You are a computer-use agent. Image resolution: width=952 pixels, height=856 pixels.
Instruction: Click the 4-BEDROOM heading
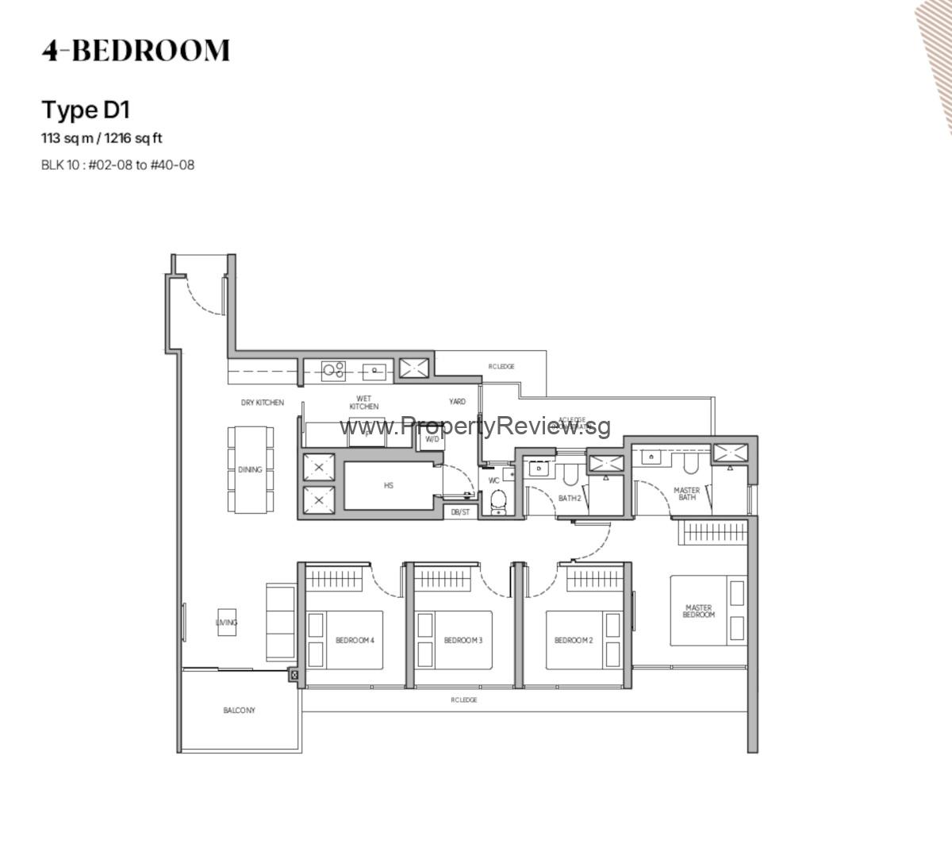(x=136, y=50)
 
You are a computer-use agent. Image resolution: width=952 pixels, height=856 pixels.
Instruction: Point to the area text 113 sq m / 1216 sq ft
(x=102, y=138)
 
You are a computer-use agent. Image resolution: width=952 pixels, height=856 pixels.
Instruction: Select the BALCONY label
(x=239, y=711)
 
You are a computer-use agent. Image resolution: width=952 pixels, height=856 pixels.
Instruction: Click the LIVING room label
(x=227, y=623)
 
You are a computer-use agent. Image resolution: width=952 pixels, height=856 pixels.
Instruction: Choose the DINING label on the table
(x=250, y=469)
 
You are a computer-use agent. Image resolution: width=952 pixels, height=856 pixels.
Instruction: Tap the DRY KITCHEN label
(x=263, y=403)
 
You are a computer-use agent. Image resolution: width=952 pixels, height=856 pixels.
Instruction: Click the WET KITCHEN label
(x=364, y=403)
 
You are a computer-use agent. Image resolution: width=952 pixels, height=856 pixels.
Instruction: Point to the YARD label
(x=457, y=402)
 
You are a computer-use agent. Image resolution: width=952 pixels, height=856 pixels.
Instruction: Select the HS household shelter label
(x=389, y=485)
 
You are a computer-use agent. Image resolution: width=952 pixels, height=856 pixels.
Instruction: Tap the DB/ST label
(x=460, y=512)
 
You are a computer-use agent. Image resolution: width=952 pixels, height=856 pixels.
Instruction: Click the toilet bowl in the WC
(x=498, y=500)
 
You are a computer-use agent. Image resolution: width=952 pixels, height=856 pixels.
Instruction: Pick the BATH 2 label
(x=570, y=499)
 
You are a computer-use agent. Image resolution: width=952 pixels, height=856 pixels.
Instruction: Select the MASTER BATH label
(x=687, y=494)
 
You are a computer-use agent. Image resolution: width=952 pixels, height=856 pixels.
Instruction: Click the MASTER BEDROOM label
(x=699, y=611)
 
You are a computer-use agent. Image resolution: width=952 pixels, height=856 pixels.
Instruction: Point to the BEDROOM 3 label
(x=463, y=641)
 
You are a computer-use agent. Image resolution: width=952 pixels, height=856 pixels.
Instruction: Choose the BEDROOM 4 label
(x=355, y=641)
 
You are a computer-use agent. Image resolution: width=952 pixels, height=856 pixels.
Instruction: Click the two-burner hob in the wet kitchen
(x=333, y=368)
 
